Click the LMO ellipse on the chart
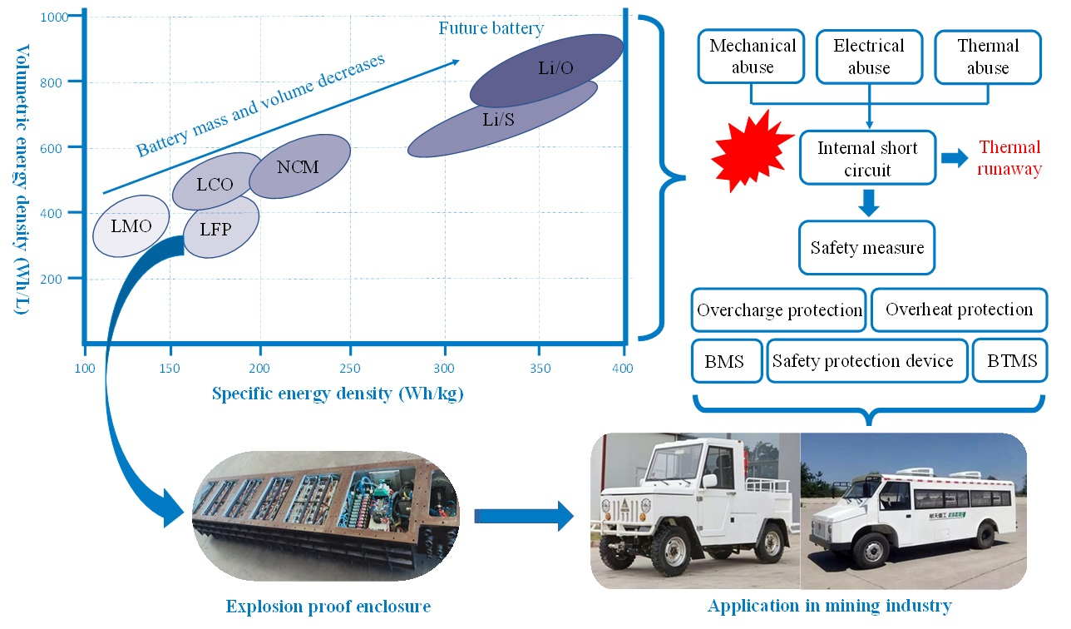click(x=131, y=225)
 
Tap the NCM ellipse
click(x=299, y=166)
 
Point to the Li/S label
click(x=499, y=120)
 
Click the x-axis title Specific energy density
click(x=338, y=394)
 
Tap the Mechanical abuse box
click(x=752, y=57)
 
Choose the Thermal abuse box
click(x=987, y=57)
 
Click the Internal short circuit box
click(x=867, y=158)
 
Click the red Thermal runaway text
click(x=1009, y=158)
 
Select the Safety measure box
click(x=866, y=247)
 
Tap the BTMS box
click(x=1009, y=360)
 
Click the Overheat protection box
click(x=959, y=310)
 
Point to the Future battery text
click(x=491, y=28)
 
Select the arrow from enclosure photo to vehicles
click(x=524, y=516)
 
